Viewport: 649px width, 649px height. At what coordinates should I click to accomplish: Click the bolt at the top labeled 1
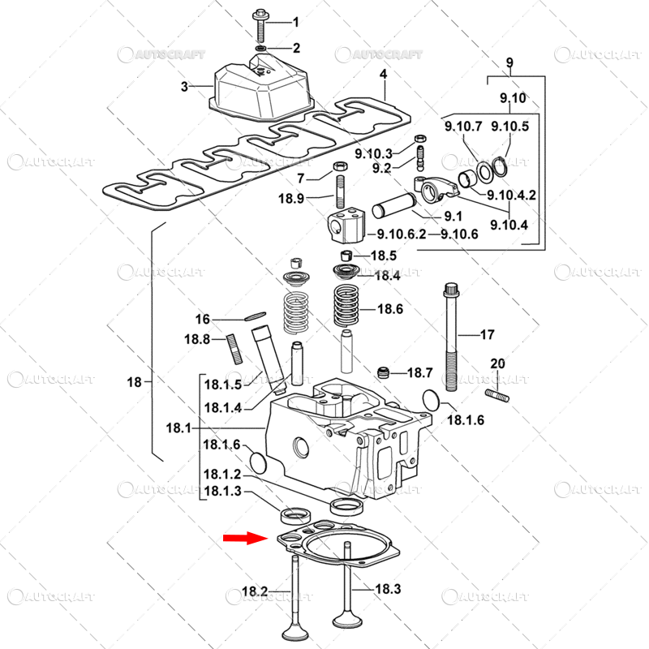(x=260, y=26)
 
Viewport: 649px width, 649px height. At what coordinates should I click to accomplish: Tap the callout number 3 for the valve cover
(x=184, y=87)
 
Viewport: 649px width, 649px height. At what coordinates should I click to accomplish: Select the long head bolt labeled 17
(x=451, y=337)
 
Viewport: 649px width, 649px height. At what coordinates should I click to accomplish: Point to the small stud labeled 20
(x=497, y=394)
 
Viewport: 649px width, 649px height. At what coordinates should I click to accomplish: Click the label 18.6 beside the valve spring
(x=390, y=309)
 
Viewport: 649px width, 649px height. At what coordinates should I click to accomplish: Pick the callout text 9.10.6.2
(x=402, y=234)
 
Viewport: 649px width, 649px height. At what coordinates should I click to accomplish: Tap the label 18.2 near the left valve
(x=255, y=591)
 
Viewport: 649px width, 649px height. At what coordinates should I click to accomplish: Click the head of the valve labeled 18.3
(x=348, y=620)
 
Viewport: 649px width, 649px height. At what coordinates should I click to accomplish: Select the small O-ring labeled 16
(x=255, y=316)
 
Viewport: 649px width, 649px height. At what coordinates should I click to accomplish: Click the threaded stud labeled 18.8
(x=234, y=349)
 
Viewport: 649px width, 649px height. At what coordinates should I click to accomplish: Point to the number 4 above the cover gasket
(x=384, y=74)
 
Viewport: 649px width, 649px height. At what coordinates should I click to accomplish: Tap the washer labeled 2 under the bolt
(x=260, y=49)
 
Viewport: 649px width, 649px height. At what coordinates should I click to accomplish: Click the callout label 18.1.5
(x=223, y=385)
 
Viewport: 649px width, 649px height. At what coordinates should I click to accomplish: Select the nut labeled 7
(x=340, y=166)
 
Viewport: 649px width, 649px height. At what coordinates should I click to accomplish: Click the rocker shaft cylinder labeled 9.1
(x=393, y=205)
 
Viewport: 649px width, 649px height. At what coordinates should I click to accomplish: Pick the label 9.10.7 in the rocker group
(x=463, y=126)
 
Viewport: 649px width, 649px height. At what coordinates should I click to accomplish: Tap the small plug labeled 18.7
(x=385, y=372)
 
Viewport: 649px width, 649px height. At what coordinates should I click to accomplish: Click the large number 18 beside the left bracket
(x=135, y=382)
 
